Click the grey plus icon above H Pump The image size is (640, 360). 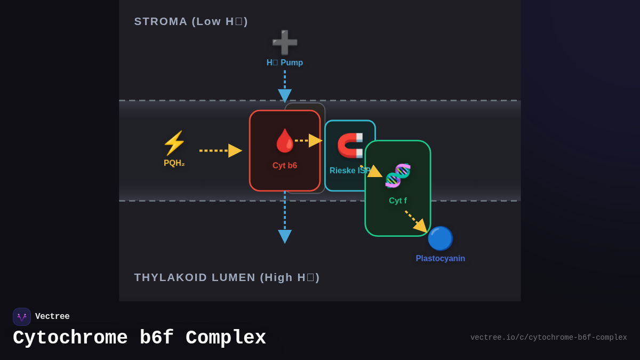tap(285, 43)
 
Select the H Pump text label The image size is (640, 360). tap(285, 62)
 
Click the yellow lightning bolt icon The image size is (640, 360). tap(174, 143)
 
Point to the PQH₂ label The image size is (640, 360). tap(174, 163)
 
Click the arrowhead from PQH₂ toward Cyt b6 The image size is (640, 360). tap(235, 150)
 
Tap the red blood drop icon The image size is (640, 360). tap(285, 141)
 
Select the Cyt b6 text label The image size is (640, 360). tap(285, 165)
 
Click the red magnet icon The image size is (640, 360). tap(350, 145)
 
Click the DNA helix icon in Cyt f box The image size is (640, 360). tap(398, 175)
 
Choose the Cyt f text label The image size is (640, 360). tap(398, 201)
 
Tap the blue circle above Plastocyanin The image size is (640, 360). tap(440, 238)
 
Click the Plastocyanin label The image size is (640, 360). tap(440, 258)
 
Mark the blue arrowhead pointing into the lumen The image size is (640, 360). tap(285, 236)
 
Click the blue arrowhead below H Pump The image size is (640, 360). tap(285, 95)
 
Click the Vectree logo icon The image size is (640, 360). tap(22, 317)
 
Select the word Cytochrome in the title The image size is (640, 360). tap(70, 338)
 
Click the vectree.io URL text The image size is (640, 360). tap(548, 338)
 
